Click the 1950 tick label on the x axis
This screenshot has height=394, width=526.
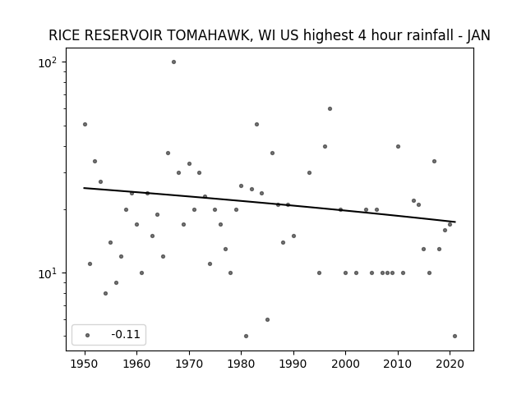85,364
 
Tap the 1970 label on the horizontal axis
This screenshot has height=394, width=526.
189,364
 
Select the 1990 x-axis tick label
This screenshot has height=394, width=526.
293,364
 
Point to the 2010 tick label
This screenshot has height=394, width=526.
398,364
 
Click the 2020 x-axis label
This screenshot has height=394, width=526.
450,364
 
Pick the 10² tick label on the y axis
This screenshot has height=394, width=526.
48,62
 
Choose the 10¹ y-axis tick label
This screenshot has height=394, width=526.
48,273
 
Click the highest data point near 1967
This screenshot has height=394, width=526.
173,62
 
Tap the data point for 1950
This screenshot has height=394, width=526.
85,124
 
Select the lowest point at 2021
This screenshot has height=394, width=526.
454,336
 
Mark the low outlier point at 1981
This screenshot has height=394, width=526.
247,336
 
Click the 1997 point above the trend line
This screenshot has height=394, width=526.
330,108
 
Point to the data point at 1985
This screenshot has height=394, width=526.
267,319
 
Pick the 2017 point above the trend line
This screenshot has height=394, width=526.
434,161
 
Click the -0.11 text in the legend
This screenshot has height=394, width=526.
126,334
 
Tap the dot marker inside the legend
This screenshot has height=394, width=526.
88,335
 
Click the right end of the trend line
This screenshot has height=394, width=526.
455,222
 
